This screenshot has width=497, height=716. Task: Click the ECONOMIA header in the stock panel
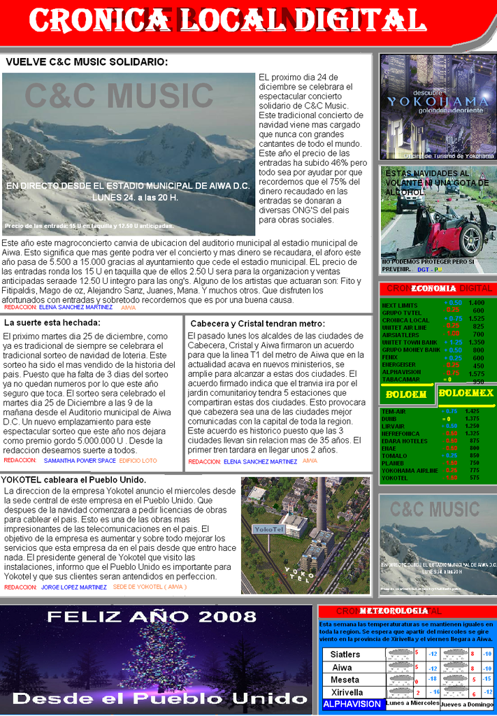(x=433, y=288)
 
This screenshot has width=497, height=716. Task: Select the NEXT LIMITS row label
(x=400, y=306)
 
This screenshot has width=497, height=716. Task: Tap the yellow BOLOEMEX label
(x=466, y=393)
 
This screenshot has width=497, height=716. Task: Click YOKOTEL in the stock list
(x=396, y=478)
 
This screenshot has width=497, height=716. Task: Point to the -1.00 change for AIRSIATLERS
(x=452, y=334)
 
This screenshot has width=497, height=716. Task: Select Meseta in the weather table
(x=345, y=680)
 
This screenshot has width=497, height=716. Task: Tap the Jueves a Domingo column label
(x=467, y=704)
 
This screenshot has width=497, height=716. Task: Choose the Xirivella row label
(x=347, y=692)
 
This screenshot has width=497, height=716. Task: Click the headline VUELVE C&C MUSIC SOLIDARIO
(x=87, y=62)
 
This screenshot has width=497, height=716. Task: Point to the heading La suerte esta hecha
(x=52, y=322)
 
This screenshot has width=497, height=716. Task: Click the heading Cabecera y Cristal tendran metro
(x=257, y=324)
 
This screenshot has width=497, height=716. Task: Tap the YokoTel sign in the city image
(x=268, y=529)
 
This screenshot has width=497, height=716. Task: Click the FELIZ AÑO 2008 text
(x=151, y=617)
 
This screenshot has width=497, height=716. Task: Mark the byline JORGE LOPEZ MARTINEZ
(x=74, y=587)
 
